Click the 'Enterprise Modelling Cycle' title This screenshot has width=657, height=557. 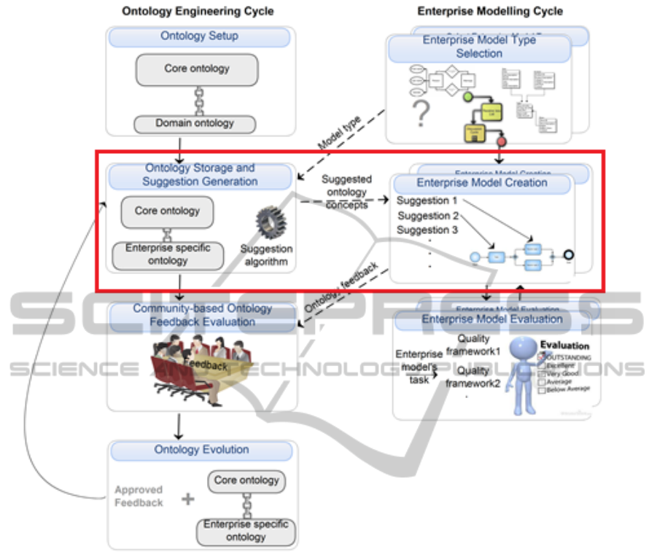pyautogui.click(x=490, y=12)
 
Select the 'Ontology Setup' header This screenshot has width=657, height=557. pyautogui.click(x=200, y=36)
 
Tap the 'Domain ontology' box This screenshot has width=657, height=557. pyautogui.click(x=195, y=124)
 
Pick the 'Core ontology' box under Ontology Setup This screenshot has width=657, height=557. pyautogui.click(x=197, y=69)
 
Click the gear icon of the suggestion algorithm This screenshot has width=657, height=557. pyautogui.click(x=270, y=222)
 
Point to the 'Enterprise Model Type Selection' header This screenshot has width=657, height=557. pyautogui.click(x=479, y=47)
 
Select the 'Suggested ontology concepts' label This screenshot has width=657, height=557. pyautogui.click(x=346, y=192)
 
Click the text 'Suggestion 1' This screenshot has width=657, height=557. pyautogui.click(x=427, y=200)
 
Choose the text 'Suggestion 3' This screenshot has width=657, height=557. pyautogui.click(x=427, y=230)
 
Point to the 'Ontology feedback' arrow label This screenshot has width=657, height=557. pyautogui.click(x=341, y=291)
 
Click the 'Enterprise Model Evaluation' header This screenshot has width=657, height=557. pyautogui.click(x=491, y=319)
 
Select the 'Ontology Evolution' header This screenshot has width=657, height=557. pyautogui.click(x=201, y=450)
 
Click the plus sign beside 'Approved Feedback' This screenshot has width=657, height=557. pyautogui.click(x=188, y=499)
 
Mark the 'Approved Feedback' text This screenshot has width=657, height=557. pyautogui.click(x=139, y=496)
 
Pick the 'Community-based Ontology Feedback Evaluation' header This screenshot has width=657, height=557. pyautogui.click(x=202, y=315)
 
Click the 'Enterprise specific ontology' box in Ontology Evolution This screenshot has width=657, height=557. pyautogui.click(x=246, y=531)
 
